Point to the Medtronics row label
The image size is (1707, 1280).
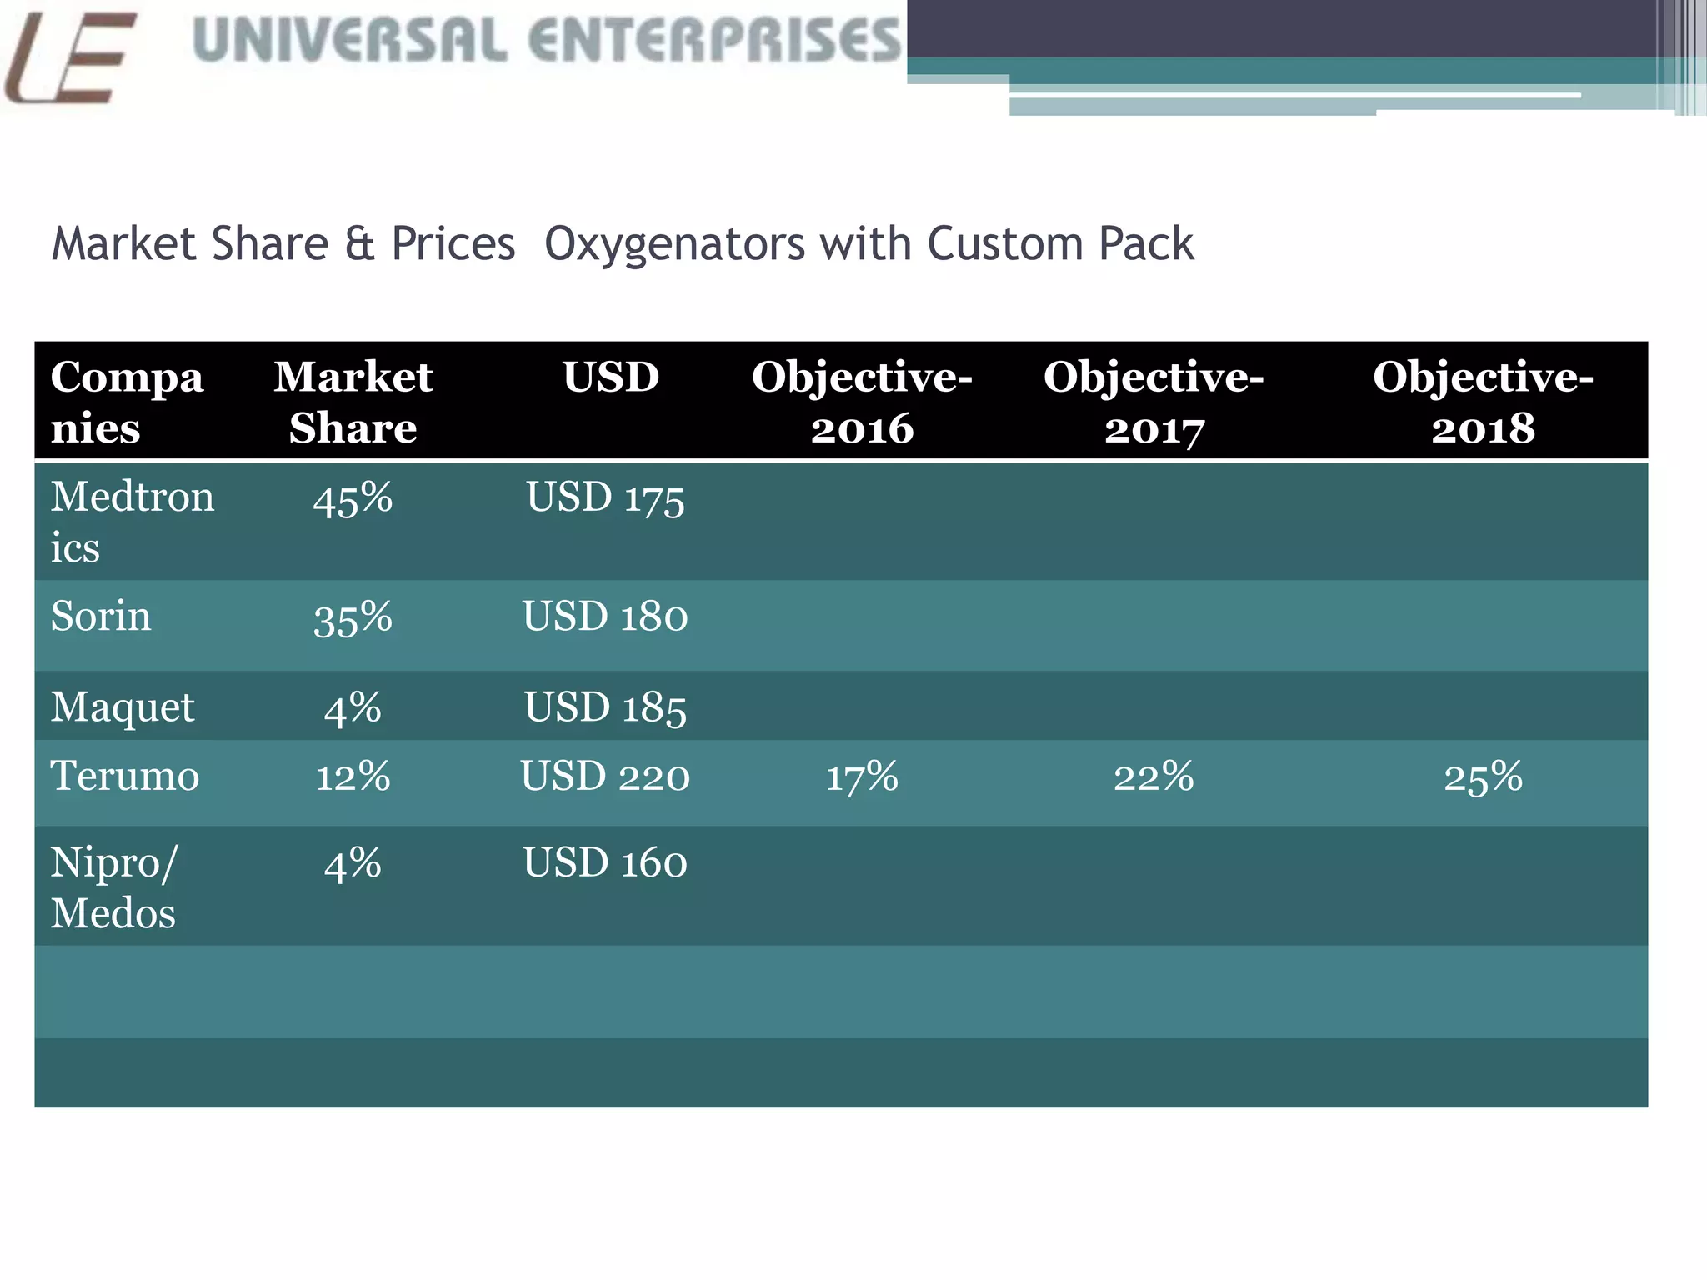[x=131, y=522]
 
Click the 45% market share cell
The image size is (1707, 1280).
[x=353, y=499]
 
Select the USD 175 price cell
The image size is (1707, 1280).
[x=605, y=499]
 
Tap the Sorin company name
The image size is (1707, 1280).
[x=101, y=617]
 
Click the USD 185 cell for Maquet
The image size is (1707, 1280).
[x=605, y=708]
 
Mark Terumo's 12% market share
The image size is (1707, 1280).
[x=353, y=777]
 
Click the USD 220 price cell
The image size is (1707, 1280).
[x=605, y=777]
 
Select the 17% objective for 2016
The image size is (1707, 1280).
[x=862, y=777]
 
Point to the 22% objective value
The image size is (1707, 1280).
[x=1154, y=777]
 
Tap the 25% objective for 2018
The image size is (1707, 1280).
[x=1483, y=777]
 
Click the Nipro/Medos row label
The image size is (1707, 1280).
[x=114, y=887]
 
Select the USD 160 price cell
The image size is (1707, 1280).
[x=605, y=863]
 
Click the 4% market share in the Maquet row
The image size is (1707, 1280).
[x=353, y=708]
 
